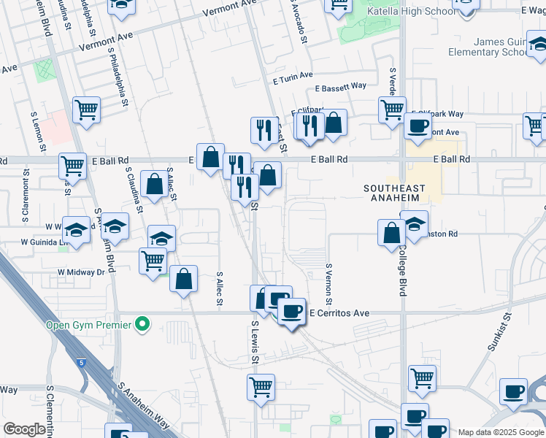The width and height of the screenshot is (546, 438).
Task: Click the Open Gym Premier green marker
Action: (x=143, y=323)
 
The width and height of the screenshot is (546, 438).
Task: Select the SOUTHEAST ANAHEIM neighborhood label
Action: (x=393, y=193)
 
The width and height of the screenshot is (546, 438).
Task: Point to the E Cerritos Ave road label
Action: (x=339, y=313)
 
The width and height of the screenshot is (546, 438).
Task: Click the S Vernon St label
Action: (x=329, y=285)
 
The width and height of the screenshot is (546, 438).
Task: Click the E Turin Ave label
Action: (x=293, y=74)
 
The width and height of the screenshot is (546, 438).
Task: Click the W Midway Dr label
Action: (x=82, y=272)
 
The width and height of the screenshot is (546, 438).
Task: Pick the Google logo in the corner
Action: (x=25, y=429)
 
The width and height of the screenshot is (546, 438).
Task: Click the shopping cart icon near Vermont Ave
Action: (x=87, y=110)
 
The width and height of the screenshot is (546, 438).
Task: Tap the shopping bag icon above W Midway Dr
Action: (x=184, y=278)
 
